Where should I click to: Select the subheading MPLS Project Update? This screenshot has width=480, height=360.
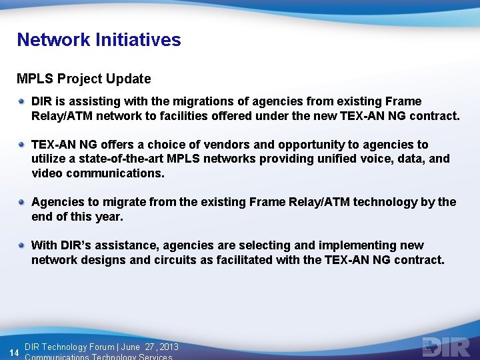click(84, 79)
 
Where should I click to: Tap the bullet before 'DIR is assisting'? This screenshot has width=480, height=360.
click(23, 101)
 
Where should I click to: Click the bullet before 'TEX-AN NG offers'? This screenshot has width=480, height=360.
click(23, 145)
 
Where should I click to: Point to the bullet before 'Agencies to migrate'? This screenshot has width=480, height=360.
click(23, 202)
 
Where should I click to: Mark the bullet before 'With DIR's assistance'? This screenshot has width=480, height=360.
click(23, 245)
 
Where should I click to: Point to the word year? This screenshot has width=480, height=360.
click(107, 217)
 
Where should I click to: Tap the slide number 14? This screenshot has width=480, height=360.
click(13, 351)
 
